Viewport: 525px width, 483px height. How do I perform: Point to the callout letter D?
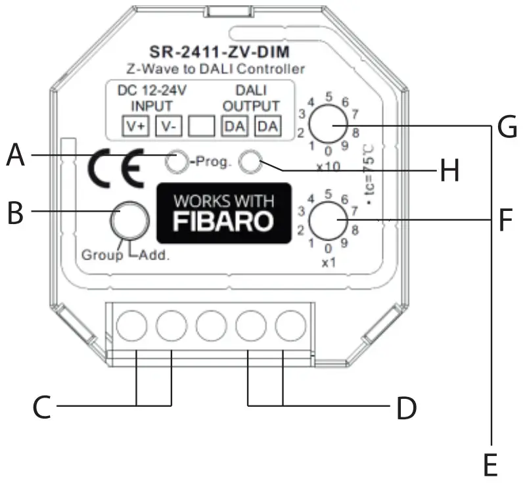point(407,408)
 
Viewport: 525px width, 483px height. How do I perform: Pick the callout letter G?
point(507,127)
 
